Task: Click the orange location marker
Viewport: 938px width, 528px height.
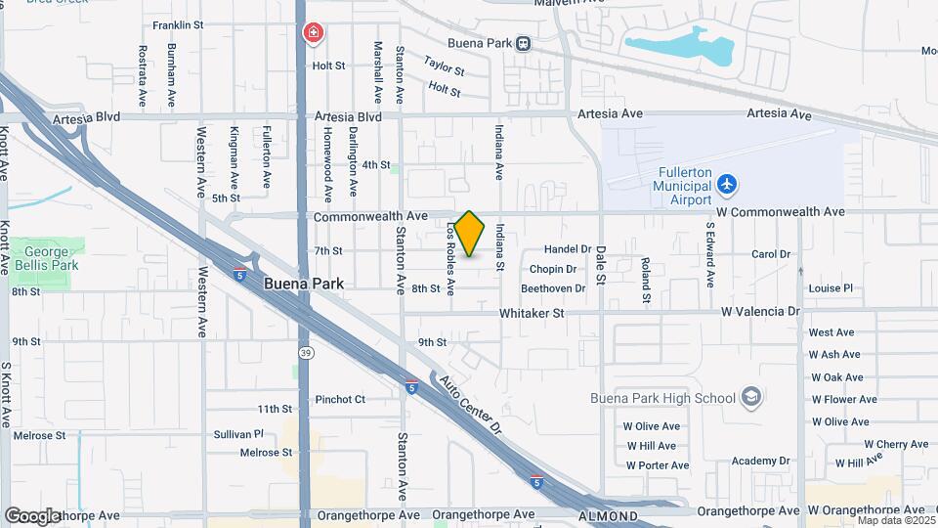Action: coord(470,234)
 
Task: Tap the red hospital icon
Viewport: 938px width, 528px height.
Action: coord(314,34)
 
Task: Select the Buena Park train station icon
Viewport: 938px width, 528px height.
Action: coord(525,43)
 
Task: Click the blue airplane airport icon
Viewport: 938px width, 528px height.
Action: coord(726,183)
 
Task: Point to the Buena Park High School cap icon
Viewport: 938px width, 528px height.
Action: coord(749,397)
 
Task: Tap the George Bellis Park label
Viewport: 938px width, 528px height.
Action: coord(46,258)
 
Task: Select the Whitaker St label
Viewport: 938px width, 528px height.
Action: coord(532,313)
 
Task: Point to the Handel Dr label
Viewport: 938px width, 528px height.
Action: coord(569,249)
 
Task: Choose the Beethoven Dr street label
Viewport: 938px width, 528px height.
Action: coord(552,288)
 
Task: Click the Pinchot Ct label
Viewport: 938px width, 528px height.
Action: coord(339,399)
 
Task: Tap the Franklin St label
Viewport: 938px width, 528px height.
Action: coord(178,24)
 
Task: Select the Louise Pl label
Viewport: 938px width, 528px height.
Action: coord(831,288)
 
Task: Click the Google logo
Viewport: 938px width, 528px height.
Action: coord(31,515)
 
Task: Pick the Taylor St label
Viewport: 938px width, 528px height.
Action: coord(443,66)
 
